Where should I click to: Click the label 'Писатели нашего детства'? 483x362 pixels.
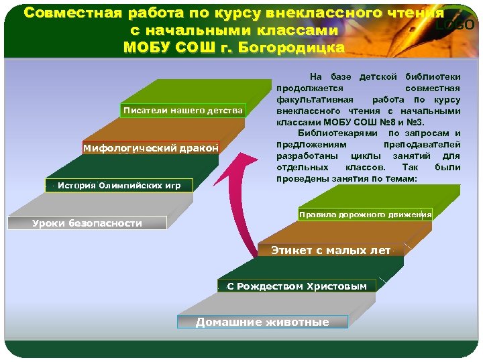point(183,110)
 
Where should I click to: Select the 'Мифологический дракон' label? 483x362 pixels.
point(151,147)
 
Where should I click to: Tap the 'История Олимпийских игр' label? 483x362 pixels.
point(119,185)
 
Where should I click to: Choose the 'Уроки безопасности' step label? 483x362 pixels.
point(87,223)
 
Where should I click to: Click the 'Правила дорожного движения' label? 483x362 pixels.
point(365,215)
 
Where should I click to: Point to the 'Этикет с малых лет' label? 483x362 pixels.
point(330,250)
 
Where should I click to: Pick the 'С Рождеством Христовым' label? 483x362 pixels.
point(297,286)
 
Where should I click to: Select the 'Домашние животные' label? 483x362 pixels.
point(262,322)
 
